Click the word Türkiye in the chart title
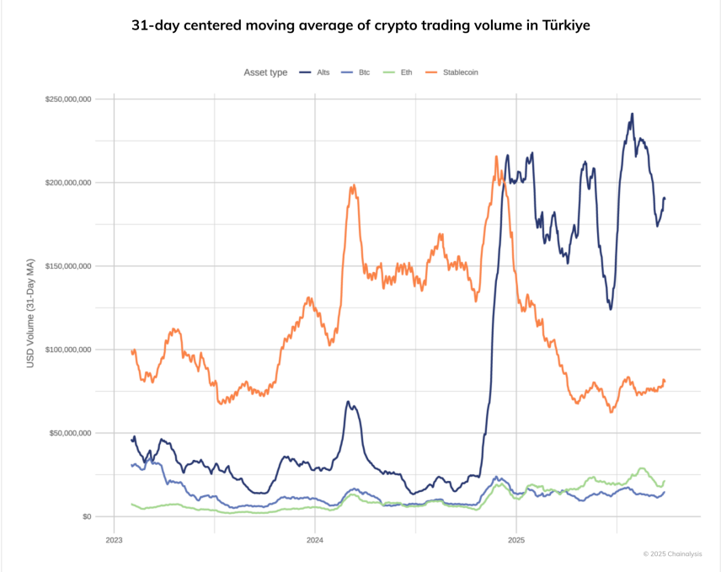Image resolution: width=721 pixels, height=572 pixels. pyautogui.click(x=561, y=25)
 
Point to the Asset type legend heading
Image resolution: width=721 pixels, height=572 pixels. pyautogui.click(x=265, y=72)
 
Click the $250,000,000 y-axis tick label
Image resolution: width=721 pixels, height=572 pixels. pyautogui.click(x=68, y=99)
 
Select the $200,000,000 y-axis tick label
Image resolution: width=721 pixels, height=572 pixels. pyautogui.click(x=68, y=183)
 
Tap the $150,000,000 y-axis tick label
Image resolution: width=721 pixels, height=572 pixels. pyautogui.click(x=68, y=266)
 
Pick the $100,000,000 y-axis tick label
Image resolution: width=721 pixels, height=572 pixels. pyautogui.click(x=68, y=350)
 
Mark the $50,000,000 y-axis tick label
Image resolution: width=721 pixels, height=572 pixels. pyautogui.click(x=70, y=433)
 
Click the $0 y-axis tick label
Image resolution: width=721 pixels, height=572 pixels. pyautogui.click(x=85, y=516)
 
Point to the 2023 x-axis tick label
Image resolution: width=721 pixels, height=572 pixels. pyautogui.click(x=114, y=538)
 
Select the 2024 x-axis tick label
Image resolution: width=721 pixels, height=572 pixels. pyautogui.click(x=314, y=538)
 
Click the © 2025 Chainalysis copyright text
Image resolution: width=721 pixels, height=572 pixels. pyautogui.click(x=671, y=554)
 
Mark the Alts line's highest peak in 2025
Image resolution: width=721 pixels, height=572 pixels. pyautogui.click(x=632, y=115)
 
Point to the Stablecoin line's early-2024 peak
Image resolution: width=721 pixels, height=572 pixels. pyautogui.click(x=353, y=185)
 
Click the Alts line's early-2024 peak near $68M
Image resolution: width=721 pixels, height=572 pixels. pyautogui.click(x=349, y=403)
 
